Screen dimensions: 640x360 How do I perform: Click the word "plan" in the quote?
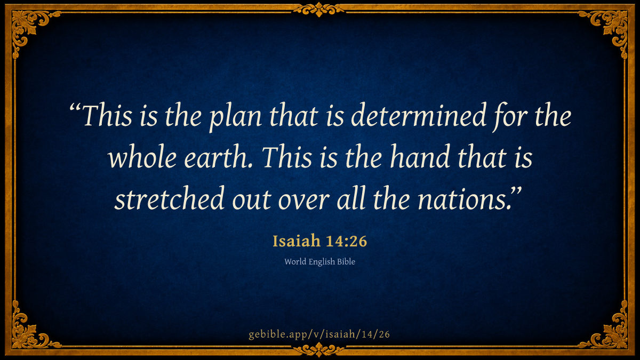[x=235, y=118]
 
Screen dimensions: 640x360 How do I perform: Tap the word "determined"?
[x=418, y=115]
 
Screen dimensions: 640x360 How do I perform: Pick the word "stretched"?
[x=169, y=198]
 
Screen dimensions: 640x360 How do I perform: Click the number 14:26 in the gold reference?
[x=346, y=241]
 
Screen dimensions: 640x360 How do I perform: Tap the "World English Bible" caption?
[x=319, y=262]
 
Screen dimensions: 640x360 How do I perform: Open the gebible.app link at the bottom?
[x=319, y=334]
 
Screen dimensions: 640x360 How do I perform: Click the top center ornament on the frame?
[x=319, y=10]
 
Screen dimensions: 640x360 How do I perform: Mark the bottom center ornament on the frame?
[x=319, y=350]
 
